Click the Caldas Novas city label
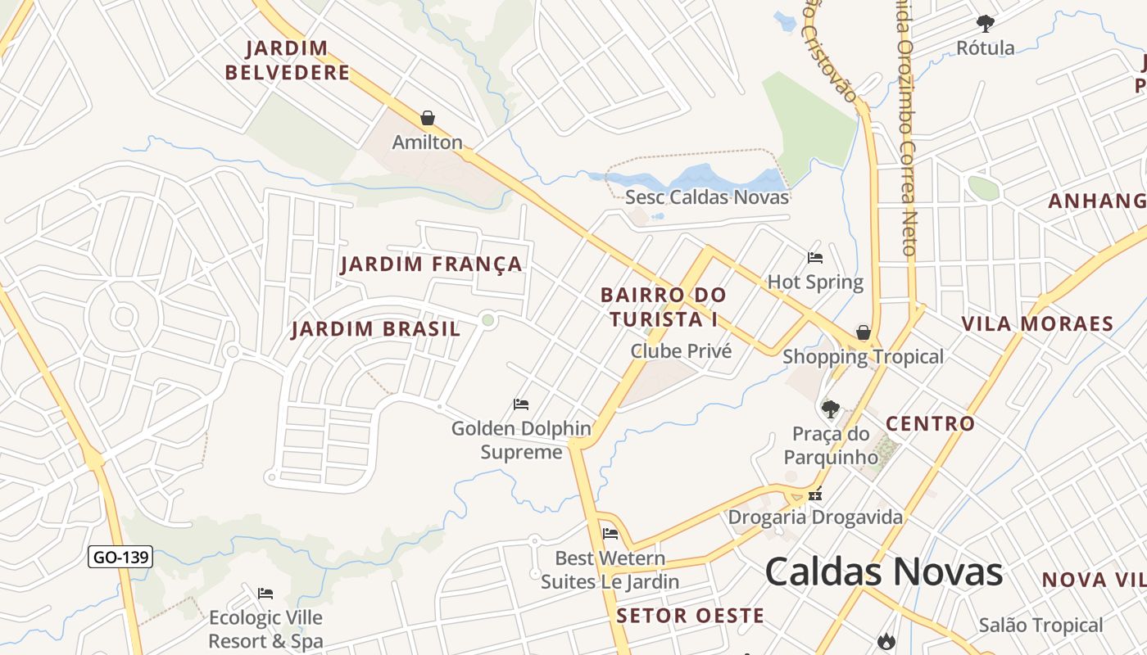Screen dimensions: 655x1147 pyautogui.click(x=883, y=571)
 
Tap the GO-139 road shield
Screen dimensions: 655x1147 pyautogui.click(x=120, y=558)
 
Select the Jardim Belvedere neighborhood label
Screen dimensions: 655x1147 pyautogui.click(x=287, y=61)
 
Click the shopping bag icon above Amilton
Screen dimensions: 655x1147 pyautogui.click(x=427, y=118)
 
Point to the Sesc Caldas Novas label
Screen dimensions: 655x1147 pyautogui.click(x=707, y=197)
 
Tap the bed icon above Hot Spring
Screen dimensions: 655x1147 pyautogui.click(x=815, y=258)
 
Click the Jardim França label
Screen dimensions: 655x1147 pyautogui.click(x=431, y=264)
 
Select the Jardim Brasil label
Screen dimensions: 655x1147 pyautogui.click(x=376, y=329)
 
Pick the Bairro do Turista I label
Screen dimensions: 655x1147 pyautogui.click(x=663, y=306)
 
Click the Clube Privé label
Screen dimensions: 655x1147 pyautogui.click(x=680, y=351)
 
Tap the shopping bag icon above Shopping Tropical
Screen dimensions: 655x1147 pyautogui.click(x=863, y=332)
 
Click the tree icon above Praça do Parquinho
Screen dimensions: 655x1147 pyautogui.click(x=831, y=409)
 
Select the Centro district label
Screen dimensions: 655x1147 pyautogui.click(x=930, y=423)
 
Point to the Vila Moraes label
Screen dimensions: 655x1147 pyautogui.click(x=1037, y=323)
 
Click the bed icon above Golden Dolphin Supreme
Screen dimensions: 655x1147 pyautogui.click(x=521, y=404)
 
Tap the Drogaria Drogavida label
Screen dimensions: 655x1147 pyautogui.click(x=815, y=517)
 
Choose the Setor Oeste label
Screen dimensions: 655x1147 pyautogui.click(x=690, y=616)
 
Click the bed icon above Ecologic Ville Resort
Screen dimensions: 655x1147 pyautogui.click(x=265, y=594)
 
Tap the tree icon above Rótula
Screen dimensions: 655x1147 pyautogui.click(x=986, y=23)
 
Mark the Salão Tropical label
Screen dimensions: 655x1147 pyautogui.click(x=1040, y=626)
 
